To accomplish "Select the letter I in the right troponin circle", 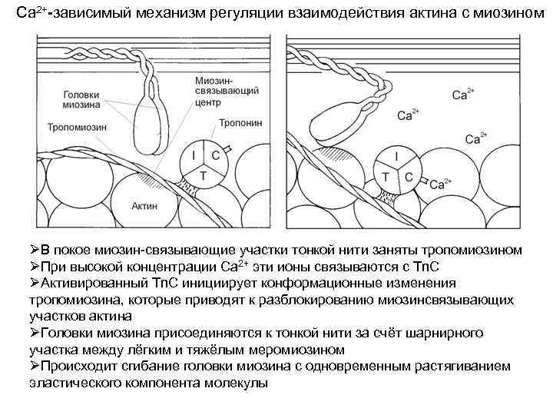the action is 396,157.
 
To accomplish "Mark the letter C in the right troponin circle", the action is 409,178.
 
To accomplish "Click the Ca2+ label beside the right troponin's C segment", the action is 441,184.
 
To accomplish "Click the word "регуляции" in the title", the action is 223,15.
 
